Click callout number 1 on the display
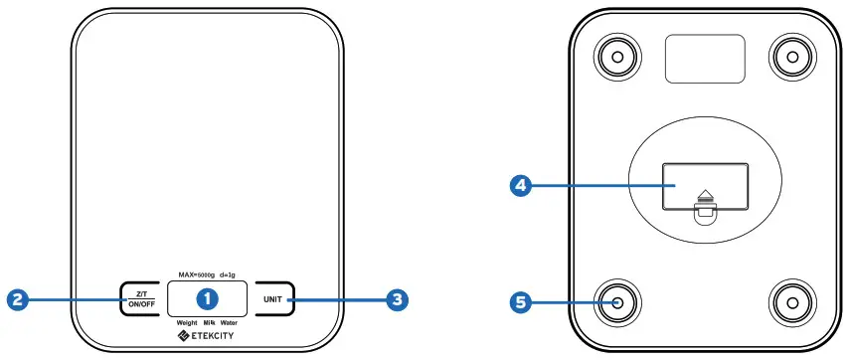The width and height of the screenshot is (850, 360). [207, 297]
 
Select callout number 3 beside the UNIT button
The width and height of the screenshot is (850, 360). [398, 297]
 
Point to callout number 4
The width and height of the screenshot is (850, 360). [519, 185]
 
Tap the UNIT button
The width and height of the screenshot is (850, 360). [272, 298]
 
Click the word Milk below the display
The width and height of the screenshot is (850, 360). [210, 323]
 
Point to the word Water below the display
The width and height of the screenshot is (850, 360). [231, 323]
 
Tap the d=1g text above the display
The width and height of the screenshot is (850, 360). [228, 273]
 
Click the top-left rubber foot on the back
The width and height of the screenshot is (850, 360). [616, 57]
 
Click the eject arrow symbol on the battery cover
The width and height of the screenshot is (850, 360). [705, 196]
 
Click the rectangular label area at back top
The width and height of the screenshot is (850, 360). [704, 60]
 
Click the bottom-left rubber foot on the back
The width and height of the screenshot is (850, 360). [616, 299]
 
